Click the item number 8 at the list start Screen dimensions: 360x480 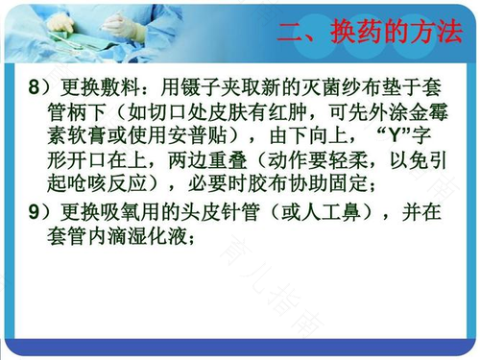point(35,87)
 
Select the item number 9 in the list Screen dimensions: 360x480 point(35,209)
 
